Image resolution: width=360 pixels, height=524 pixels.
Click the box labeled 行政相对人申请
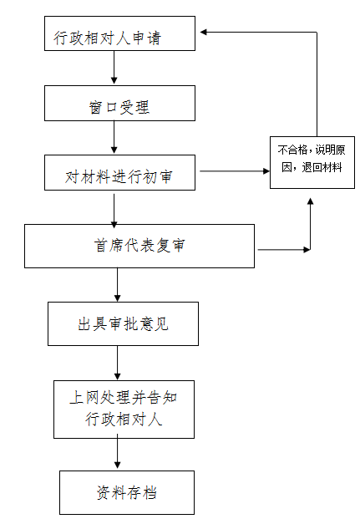coord(119,33)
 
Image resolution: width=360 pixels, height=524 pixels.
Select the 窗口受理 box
coord(119,104)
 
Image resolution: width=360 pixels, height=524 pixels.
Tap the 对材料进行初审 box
coord(119,173)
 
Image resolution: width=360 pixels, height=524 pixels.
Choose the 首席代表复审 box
coord(139,246)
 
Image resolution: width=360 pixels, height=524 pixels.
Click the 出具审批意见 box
coord(123,323)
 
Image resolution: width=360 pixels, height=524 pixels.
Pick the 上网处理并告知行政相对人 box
coord(124,410)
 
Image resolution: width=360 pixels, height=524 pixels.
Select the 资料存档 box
coord(127,492)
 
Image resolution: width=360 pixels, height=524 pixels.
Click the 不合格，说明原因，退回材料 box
coord(312,162)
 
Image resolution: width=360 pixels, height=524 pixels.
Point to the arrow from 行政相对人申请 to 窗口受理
coord(114,67)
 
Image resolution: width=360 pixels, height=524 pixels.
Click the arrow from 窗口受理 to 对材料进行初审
coord(114,137)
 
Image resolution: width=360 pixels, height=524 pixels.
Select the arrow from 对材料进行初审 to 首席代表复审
coord(114,211)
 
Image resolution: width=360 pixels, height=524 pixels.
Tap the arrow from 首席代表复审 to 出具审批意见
coord(117,285)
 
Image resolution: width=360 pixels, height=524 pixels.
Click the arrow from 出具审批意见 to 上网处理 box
coord(117,363)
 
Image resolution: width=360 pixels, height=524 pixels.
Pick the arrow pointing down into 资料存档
coord(117,451)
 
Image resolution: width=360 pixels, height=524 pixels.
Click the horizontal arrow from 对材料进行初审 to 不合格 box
coord(235,171)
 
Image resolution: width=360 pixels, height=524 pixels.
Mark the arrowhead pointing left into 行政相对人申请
coord(203,32)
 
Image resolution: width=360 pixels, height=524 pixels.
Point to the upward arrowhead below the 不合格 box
coord(310,201)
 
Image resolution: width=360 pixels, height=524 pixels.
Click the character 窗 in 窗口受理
coord(95,108)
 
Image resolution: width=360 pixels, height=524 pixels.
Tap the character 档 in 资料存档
coord(150,493)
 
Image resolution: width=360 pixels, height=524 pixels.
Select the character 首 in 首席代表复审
coord(100,246)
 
